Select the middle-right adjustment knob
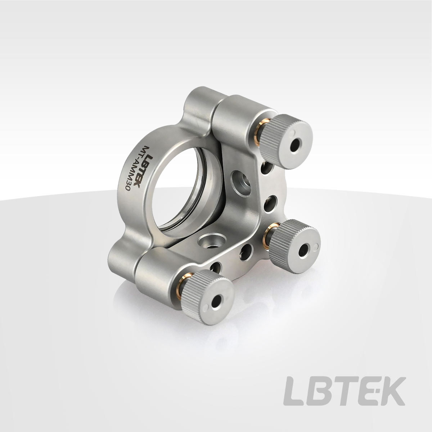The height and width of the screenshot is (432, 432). [x=295, y=242]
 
